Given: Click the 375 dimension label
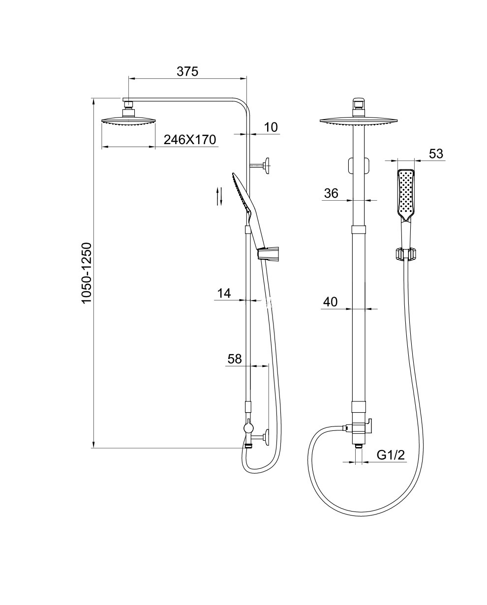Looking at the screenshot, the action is [187, 71].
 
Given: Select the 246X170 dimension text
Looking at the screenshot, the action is [190, 139].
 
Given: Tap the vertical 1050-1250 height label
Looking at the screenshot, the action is [87, 272].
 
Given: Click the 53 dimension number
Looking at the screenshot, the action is [436, 153].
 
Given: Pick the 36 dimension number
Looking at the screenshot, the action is [331, 193].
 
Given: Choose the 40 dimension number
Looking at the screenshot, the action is [330, 302].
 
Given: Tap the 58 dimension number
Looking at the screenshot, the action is [235, 359].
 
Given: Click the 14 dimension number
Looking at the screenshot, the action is [224, 293].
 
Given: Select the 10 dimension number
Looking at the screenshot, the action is [271, 127].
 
